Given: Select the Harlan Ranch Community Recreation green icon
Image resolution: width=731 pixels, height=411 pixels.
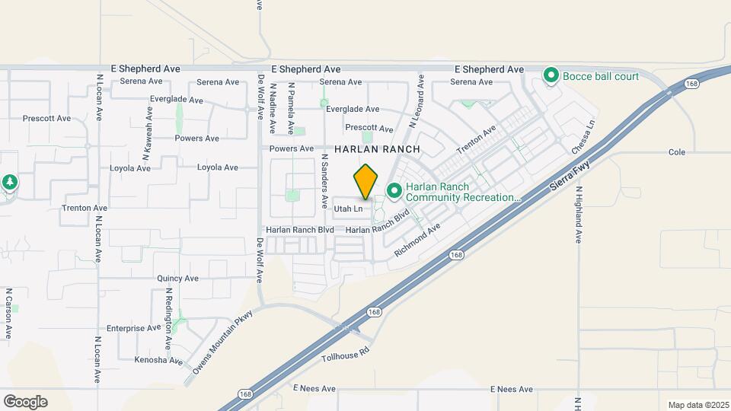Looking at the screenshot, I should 394,190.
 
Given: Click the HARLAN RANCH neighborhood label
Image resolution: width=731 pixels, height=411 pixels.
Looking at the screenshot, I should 378,151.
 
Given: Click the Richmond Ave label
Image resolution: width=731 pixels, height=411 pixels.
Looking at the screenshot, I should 417,241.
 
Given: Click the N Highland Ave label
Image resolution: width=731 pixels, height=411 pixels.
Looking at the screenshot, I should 579,215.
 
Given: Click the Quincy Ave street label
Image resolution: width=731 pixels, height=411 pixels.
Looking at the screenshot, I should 177,279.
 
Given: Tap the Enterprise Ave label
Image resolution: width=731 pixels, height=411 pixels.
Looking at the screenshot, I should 134,329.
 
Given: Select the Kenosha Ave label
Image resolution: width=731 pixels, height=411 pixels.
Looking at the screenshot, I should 158,360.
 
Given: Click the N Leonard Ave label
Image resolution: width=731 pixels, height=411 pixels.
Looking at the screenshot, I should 416,100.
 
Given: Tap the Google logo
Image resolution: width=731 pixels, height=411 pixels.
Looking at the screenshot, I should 25,402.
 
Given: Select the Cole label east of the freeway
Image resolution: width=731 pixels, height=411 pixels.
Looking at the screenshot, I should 678,152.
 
